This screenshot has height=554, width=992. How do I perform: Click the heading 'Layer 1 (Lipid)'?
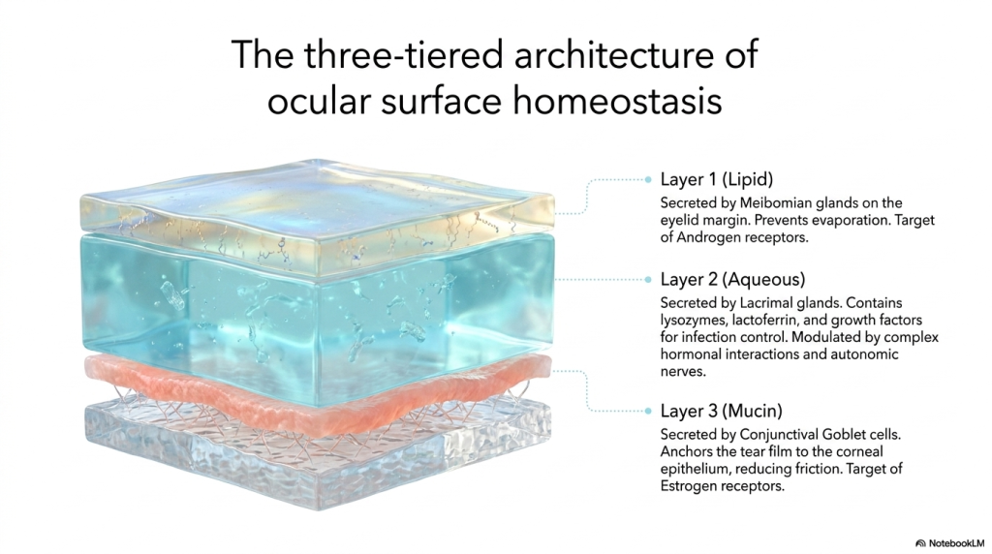tap(717, 179)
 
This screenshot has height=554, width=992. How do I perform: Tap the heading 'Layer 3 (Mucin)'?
tap(721, 411)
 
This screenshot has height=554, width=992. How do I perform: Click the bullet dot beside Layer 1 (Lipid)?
tap(648, 179)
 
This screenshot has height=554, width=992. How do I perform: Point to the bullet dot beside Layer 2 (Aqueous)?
tap(648, 280)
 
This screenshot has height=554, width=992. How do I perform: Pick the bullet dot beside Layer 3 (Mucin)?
tap(648, 411)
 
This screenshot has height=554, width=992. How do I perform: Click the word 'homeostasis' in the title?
tap(617, 101)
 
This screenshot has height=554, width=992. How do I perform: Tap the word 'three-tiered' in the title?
tap(404, 54)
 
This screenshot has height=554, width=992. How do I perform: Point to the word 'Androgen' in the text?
tap(706, 238)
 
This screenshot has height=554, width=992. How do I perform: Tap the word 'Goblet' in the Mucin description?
tap(843, 435)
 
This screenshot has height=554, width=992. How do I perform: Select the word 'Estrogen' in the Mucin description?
tap(690, 486)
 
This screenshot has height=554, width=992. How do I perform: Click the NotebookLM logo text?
tap(950, 543)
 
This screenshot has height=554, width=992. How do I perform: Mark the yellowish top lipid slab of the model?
tap(318, 215)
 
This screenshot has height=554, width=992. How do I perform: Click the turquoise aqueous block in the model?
tap(318, 316)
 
